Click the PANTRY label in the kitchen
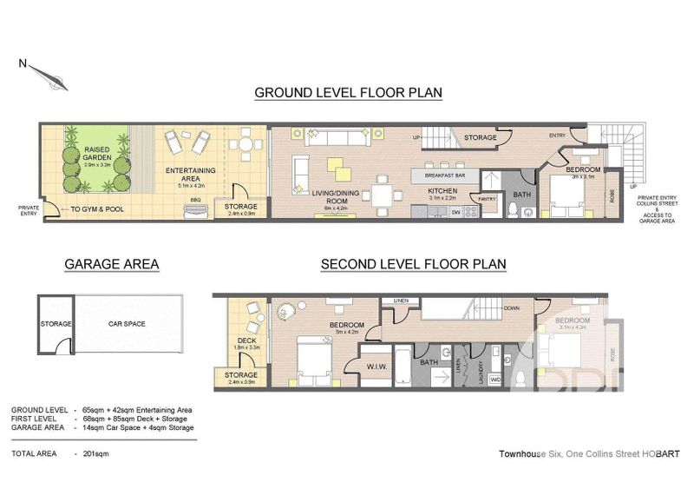(487, 199)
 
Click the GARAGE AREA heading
(111, 264)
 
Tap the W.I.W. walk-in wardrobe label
(376, 367)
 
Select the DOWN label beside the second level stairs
(512, 307)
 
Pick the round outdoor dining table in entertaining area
(246, 145)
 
